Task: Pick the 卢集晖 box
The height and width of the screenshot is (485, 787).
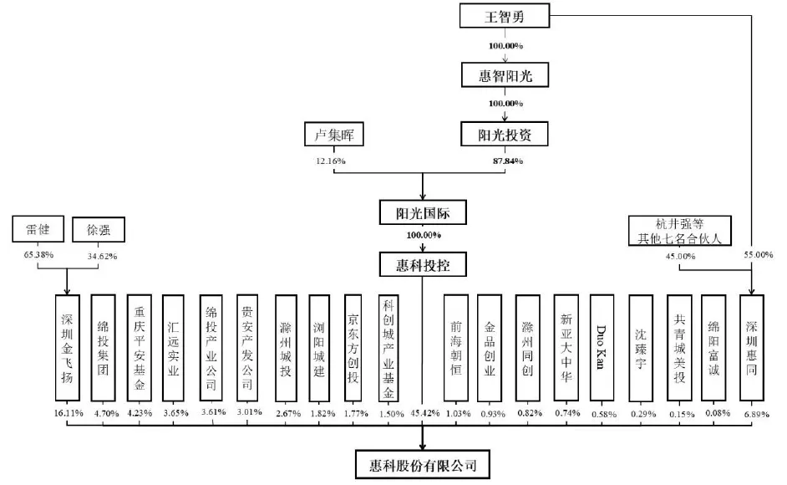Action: click(x=335, y=134)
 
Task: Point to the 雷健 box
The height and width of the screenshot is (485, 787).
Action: click(x=39, y=228)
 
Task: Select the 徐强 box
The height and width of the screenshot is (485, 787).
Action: click(x=99, y=229)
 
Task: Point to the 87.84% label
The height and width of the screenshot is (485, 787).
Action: click(x=507, y=160)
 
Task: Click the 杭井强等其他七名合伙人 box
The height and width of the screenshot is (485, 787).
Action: click(x=680, y=230)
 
